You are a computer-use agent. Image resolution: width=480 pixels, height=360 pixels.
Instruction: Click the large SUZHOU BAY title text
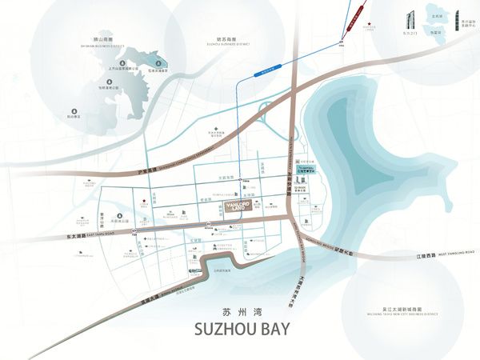(x=240, y=328)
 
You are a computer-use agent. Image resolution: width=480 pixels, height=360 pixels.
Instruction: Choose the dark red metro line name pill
(x=356, y=10)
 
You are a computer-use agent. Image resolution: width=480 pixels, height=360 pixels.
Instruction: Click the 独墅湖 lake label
(x=434, y=32)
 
